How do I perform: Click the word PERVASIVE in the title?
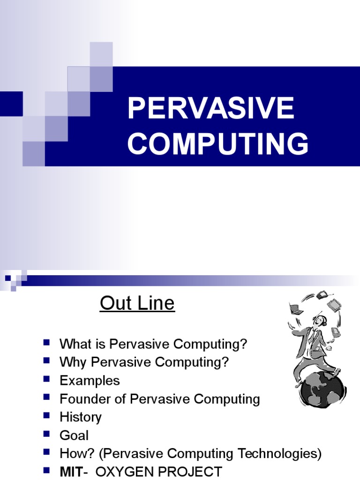(211, 108)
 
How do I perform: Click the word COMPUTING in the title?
(218, 143)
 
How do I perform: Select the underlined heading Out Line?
(137, 303)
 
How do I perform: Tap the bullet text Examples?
(90, 380)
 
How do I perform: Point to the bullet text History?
(80, 417)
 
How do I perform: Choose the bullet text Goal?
(74, 435)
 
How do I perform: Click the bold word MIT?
(71, 472)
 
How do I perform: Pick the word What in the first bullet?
(75, 344)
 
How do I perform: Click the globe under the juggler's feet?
(322, 390)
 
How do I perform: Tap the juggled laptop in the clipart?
(295, 309)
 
